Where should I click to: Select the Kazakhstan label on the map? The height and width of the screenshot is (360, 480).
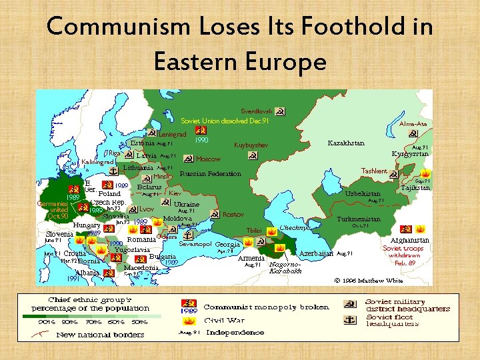click(346, 143)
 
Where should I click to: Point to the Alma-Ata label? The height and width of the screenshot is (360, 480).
click(413, 124)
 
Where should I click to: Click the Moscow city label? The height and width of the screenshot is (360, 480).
click(208, 159)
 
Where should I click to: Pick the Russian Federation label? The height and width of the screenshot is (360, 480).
click(210, 174)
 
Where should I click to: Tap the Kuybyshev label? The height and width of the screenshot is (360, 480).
click(251, 145)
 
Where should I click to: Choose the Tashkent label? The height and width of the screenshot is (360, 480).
click(374, 171)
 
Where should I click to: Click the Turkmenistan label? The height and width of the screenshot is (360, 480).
click(359, 219)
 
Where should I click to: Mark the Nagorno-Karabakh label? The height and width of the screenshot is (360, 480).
click(286, 267)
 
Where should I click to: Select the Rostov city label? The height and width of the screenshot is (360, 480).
click(233, 215)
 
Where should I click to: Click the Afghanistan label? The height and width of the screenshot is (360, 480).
click(410, 240)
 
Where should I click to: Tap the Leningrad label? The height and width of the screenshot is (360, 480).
click(172, 135)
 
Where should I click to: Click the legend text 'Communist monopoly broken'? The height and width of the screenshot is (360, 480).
click(266, 307)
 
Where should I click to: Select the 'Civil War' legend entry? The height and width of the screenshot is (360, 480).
click(223, 320)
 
